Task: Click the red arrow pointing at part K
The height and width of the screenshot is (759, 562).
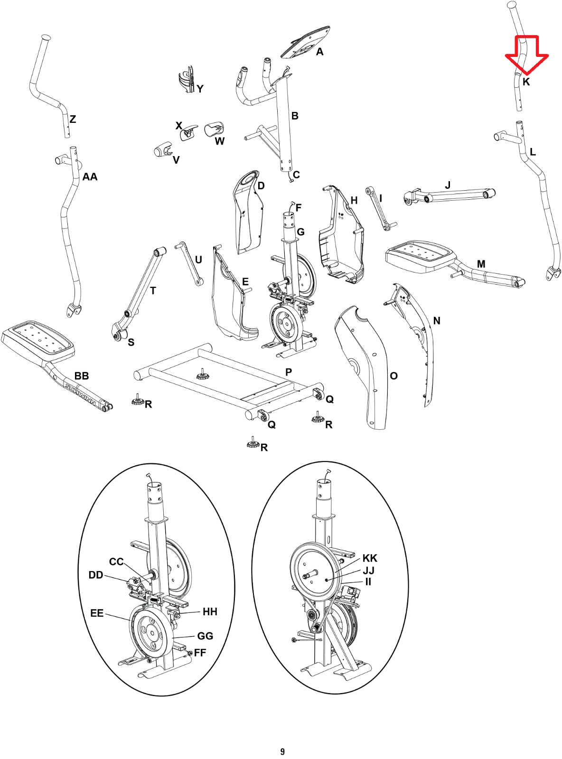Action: (x=527, y=55)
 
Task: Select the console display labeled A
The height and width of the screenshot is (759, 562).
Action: (x=306, y=42)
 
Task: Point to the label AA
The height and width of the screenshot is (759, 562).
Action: (x=90, y=177)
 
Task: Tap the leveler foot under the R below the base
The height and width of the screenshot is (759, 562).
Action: (x=252, y=444)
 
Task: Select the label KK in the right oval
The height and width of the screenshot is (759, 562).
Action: (x=370, y=558)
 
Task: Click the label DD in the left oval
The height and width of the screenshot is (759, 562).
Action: (x=96, y=575)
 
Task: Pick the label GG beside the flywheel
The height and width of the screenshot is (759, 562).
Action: (x=206, y=636)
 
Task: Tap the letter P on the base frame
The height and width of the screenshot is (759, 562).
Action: (x=289, y=372)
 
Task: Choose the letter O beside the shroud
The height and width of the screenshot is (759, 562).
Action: (x=394, y=376)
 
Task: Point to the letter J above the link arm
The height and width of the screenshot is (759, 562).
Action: (x=448, y=185)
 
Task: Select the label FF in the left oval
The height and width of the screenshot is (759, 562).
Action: (x=200, y=653)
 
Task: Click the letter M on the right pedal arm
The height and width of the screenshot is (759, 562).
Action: (x=481, y=264)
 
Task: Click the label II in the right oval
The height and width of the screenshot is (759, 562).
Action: (x=368, y=582)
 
